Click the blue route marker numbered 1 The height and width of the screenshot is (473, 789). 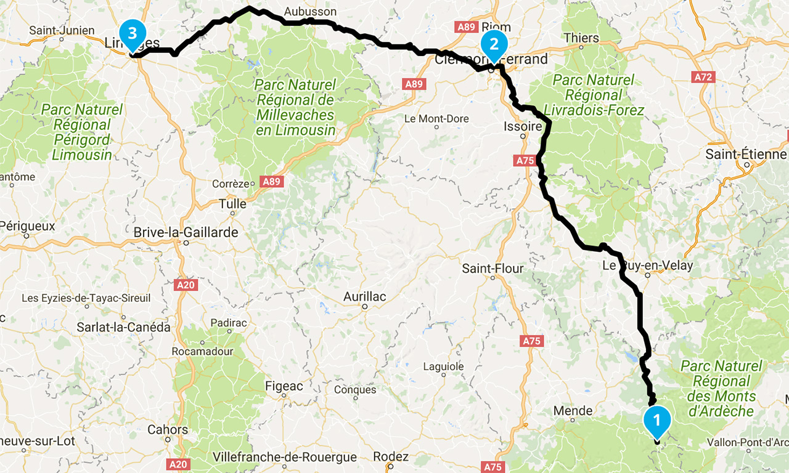(x=656, y=421)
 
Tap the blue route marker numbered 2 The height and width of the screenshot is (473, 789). (x=494, y=45)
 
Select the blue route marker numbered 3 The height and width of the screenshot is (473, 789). (x=133, y=33)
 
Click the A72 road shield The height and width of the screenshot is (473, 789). (x=703, y=77)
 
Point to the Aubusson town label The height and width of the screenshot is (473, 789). (x=310, y=12)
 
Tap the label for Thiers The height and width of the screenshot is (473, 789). (x=581, y=38)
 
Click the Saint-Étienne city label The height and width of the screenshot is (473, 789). (x=746, y=154)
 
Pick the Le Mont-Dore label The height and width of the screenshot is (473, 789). (x=436, y=119)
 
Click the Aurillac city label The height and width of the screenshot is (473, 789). (x=364, y=297)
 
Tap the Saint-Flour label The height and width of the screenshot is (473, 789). (x=493, y=269)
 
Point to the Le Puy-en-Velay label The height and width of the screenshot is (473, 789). (x=647, y=266)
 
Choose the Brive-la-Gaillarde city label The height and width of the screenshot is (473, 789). (x=186, y=233)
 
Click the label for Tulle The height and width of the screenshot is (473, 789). (x=232, y=204)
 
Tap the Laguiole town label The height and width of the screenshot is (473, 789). (x=443, y=366)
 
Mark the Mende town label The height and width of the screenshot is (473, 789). (x=573, y=411)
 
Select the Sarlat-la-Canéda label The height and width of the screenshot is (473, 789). (x=123, y=327)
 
